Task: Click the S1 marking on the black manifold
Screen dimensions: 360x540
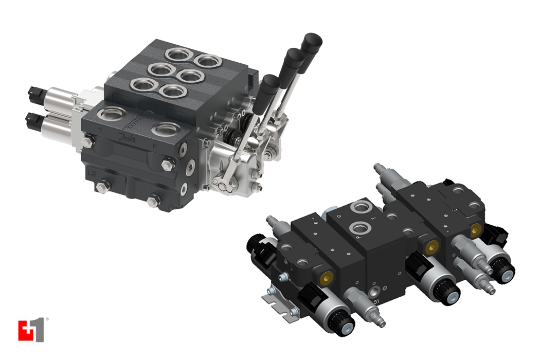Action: [x=376, y=301]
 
